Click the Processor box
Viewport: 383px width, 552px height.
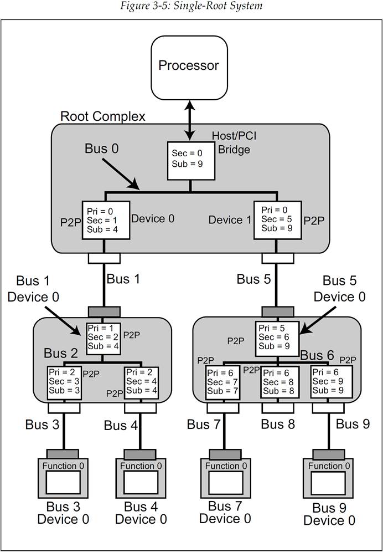coord(189,66)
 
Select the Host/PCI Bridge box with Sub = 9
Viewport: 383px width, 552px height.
coord(190,161)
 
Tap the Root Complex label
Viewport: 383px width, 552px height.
coord(103,116)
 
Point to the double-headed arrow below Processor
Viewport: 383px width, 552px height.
coord(190,119)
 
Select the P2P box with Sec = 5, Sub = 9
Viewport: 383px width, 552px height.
coord(277,221)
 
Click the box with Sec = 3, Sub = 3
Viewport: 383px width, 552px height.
coord(64,383)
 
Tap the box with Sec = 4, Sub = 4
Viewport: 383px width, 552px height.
coord(142,383)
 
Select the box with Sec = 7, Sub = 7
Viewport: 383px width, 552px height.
coord(222,383)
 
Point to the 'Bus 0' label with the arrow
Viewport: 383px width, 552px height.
coord(102,149)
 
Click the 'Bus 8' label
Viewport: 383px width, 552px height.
coord(278,425)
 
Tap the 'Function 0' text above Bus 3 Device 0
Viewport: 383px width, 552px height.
coord(63,466)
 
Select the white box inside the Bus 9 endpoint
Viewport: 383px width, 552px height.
coord(329,483)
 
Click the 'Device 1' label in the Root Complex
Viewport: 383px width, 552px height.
coord(230,220)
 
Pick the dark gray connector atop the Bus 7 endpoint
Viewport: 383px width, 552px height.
coord(225,454)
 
